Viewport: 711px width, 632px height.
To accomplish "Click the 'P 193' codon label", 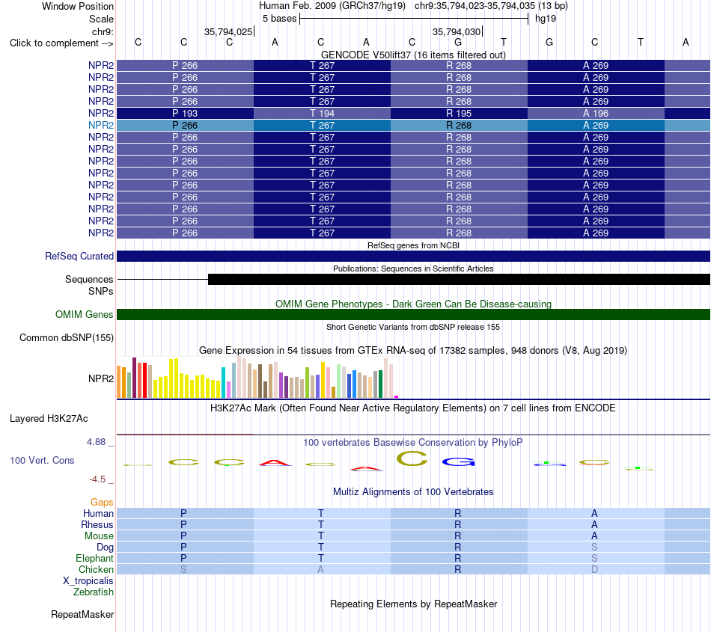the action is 185,113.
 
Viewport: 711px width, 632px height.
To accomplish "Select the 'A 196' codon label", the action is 596,113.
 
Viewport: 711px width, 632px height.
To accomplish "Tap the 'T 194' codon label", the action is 322,113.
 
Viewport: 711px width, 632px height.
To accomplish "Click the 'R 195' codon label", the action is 459,113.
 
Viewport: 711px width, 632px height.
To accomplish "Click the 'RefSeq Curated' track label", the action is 79,256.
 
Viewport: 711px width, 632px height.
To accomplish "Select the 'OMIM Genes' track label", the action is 85,314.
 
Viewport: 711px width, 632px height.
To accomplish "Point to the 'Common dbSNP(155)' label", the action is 67,337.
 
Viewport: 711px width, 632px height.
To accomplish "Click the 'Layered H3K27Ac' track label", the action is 49,418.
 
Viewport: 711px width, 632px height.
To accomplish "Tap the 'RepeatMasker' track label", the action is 82,614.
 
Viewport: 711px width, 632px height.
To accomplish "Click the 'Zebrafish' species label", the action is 94,592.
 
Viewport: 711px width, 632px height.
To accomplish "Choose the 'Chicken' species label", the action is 96,569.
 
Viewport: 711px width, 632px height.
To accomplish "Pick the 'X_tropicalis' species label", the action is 88,581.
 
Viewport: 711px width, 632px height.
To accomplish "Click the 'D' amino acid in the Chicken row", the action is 594,569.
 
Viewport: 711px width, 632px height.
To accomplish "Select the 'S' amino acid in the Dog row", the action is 594,547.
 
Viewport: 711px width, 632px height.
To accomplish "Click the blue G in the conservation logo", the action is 459,461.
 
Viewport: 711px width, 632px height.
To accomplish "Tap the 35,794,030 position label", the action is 457,31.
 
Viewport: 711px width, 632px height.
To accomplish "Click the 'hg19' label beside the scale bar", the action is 546,19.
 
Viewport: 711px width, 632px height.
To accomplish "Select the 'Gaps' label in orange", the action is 102,502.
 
